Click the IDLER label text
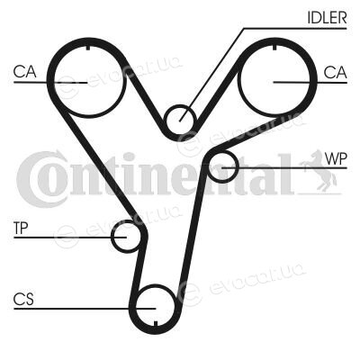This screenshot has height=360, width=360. point(327,18)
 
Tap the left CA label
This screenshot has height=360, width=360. point(24,72)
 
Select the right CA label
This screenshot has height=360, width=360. point(336,72)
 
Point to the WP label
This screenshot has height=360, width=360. point(336,158)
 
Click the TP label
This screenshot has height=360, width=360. point(21,229)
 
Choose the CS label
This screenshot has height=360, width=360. point(23,300)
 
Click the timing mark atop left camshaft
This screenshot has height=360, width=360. point(88,48)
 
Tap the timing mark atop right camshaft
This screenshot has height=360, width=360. point(274,47)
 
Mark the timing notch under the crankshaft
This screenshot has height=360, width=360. point(156,323)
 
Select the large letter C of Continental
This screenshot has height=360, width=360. point(40,179)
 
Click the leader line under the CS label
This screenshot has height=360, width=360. point(85,308)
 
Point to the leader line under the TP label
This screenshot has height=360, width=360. point(70,238)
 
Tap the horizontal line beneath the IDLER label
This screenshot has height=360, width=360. point(295,29)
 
